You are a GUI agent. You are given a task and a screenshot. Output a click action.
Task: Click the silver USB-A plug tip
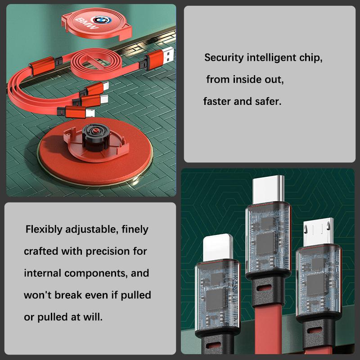(x=168, y=55)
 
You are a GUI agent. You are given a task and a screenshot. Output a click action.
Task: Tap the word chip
(x=310, y=58)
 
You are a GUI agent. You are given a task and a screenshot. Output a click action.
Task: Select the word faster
(x=216, y=101)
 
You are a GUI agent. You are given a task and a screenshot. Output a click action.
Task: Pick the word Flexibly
(x=44, y=229)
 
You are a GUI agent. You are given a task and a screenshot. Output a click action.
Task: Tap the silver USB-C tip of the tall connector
(x=268, y=189)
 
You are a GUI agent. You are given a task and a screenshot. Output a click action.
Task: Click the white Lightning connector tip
(x=218, y=247)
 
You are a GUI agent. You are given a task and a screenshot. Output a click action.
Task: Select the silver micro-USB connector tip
(x=318, y=232)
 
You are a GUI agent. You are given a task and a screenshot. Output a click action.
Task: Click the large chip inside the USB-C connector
(x=265, y=244)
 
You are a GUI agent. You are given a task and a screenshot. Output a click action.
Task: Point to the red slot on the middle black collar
(x=264, y=288)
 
